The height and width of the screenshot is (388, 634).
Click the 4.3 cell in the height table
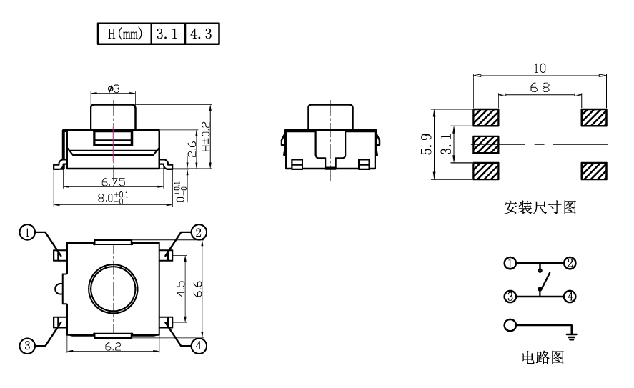[202, 34]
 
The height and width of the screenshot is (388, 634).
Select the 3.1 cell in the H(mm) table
[168, 34]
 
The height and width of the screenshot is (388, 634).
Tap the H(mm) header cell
[124, 34]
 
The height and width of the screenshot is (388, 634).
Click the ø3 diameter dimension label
[114, 88]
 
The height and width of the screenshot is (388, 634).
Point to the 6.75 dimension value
[113, 182]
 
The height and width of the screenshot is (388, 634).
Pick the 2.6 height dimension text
[192, 149]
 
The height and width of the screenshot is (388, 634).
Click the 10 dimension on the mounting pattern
[540, 69]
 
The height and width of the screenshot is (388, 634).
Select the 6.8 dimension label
[540, 88]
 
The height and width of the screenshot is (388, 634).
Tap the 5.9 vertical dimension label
[427, 144]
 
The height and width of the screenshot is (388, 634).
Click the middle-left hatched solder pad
[485, 144]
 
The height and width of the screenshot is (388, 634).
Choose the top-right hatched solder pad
[594, 118]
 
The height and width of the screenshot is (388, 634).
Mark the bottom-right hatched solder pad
[594, 171]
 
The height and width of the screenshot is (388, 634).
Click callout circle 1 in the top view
[27, 232]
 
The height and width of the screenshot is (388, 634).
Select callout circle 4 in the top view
[198, 346]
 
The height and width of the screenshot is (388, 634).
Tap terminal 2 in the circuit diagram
[570, 263]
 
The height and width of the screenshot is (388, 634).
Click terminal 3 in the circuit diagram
[510, 297]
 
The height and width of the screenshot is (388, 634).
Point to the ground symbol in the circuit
[572, 335]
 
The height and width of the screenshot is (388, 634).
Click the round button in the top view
[113, 288]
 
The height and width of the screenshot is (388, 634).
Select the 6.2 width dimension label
[113, 347]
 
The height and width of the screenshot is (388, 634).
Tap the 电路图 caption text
[543, 358]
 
